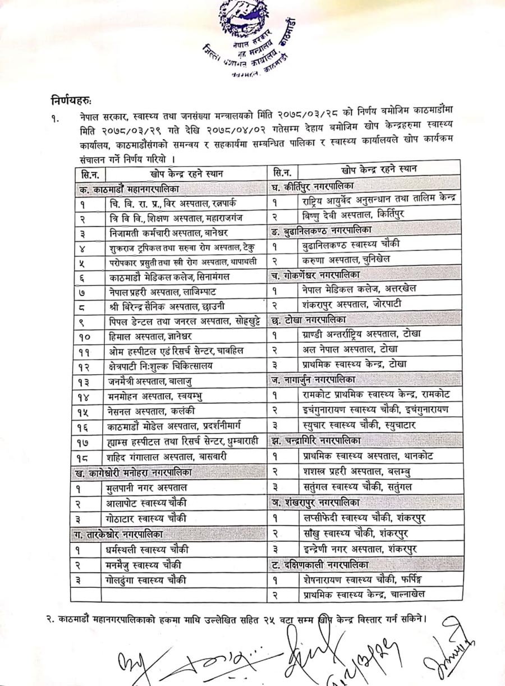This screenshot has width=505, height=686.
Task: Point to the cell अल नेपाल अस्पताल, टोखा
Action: point(345,348)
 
